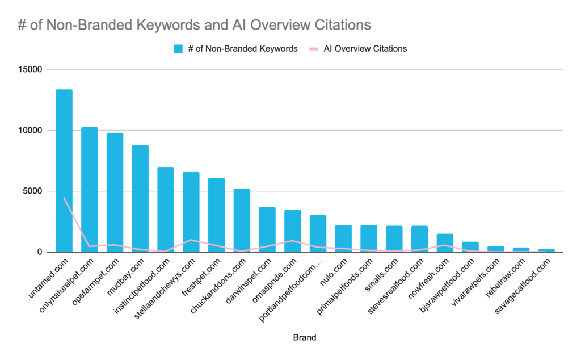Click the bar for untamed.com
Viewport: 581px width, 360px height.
[x=64, y=170]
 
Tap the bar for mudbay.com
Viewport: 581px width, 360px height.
[x=140, y=198]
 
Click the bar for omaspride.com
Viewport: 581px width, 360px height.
[x=293, y=231]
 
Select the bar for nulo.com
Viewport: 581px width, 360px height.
[x=343, y=238]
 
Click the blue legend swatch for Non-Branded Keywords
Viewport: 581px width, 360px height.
[x=178, y=49]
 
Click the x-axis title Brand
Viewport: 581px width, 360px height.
[x=305, y=337]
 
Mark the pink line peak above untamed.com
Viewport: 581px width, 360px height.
[x=64, y=198]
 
